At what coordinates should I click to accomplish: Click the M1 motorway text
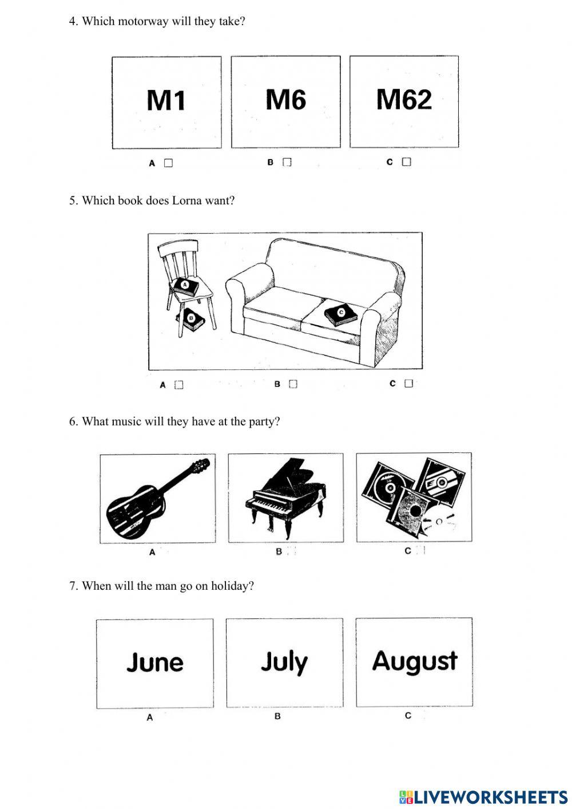point(166,101)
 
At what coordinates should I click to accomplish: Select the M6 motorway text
point(285,100)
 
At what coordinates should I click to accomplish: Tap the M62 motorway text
point(404,100)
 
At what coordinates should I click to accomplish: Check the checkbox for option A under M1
point(168,163)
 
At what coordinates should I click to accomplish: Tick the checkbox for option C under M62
point(406,162)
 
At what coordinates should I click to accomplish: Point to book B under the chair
point(191,319)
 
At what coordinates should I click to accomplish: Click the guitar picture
point(157,498)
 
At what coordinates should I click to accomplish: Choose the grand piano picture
point(286,497)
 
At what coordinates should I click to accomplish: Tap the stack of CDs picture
point(414,496)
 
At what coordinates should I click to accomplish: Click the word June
point(155,662)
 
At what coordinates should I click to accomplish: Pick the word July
point(284,662)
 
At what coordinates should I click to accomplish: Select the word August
point(415,661)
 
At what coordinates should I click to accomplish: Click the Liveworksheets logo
point(483,796)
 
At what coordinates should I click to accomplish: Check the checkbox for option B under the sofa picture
point(293,384)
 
